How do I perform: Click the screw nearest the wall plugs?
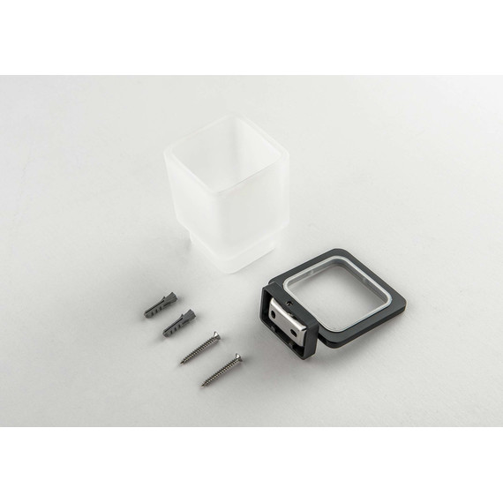[200, 347]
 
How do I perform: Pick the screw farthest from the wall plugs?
[221, 369]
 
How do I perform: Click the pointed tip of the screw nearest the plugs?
[182, 362]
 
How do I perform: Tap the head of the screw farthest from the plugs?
[237, 357]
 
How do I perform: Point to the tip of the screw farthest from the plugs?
[202, 385]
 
